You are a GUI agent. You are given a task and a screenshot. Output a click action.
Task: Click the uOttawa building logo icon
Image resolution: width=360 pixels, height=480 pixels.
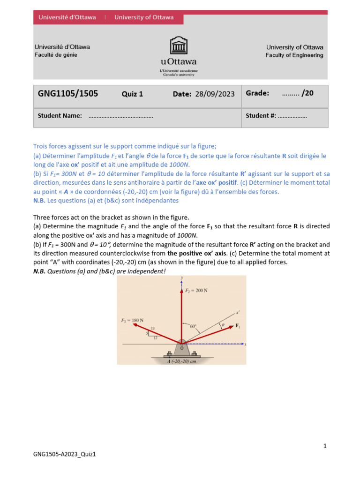click(x=179, y=46)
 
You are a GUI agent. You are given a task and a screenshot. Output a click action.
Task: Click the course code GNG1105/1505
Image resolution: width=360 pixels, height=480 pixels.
click(x=68, y=93)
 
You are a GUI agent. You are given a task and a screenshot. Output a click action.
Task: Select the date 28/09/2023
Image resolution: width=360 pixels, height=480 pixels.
click(x=215, y=94)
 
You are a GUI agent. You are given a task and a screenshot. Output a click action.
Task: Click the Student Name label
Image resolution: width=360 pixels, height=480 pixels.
click(x=60, y=116)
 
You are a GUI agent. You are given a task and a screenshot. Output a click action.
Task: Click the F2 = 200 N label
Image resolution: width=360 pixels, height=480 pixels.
click(x=196, y=291)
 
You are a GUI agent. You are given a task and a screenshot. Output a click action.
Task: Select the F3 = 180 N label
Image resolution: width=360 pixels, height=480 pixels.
click(x=133, y=320)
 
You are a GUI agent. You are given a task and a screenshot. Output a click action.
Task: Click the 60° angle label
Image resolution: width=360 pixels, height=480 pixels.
click(x=193, y=325)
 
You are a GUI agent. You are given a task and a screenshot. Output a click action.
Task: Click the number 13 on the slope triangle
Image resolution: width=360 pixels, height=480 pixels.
click(x=153, y=328)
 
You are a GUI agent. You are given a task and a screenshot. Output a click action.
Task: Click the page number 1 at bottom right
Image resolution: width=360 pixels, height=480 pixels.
click(x=325, y=446)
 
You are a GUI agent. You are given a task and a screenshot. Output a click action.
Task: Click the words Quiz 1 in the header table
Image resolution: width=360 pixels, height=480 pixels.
click(x=132, y=94)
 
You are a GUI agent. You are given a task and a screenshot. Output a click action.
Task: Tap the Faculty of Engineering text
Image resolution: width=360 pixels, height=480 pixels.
click(x=294, y=55)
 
